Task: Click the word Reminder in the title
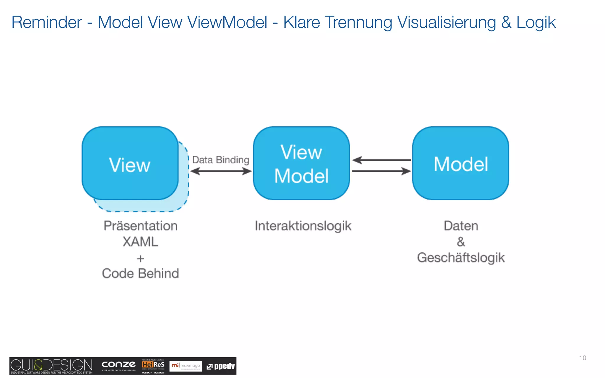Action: point(47,22)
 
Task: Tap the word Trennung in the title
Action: point(358,22)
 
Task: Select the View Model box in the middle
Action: point(301,163)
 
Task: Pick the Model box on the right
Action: point(461,163)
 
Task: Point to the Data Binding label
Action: point(221,160)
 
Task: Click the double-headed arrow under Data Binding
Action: point(221,171)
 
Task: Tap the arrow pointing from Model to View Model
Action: point(381,160)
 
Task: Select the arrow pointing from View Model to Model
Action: point(381,171)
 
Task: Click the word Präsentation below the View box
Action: point(141,226)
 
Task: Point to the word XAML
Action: point(141,242)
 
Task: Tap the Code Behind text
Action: point(141,273)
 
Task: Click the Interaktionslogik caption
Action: point(303,226)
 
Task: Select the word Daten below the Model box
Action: point(461,226)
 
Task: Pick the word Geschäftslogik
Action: point(461,258)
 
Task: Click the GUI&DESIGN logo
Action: point(51,366)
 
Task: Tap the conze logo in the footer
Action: point(118,365)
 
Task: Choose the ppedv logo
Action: point(221,366)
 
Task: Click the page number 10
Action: point(583,358)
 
